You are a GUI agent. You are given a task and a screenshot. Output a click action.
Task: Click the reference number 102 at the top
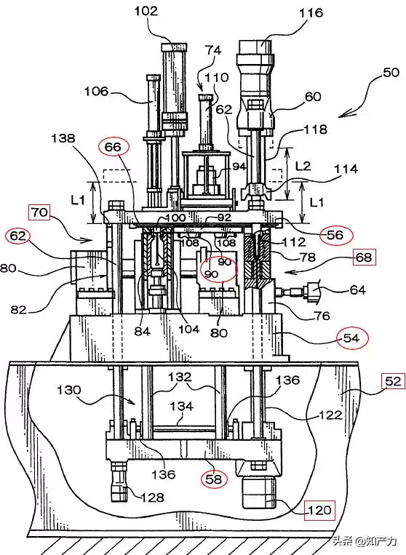[x=146, y=12]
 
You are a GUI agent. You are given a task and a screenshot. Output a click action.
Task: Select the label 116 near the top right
[x=311, y=13]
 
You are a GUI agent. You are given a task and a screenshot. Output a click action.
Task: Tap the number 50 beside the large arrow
[x=391, y=73]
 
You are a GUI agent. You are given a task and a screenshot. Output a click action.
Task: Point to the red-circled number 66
[x=113, y=147]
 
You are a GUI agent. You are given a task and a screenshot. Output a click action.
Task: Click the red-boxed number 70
[x=39, y=212]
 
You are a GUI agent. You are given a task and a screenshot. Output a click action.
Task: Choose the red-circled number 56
[x=335, y=235]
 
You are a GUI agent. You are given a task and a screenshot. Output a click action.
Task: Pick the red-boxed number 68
[x=364, y=257]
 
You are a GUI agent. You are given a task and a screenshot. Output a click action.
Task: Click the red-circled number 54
[x=351, y=338]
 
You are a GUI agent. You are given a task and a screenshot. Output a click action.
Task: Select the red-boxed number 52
[x=393, y=381]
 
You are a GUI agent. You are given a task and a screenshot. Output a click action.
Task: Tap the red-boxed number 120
[x=320, y=511]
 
